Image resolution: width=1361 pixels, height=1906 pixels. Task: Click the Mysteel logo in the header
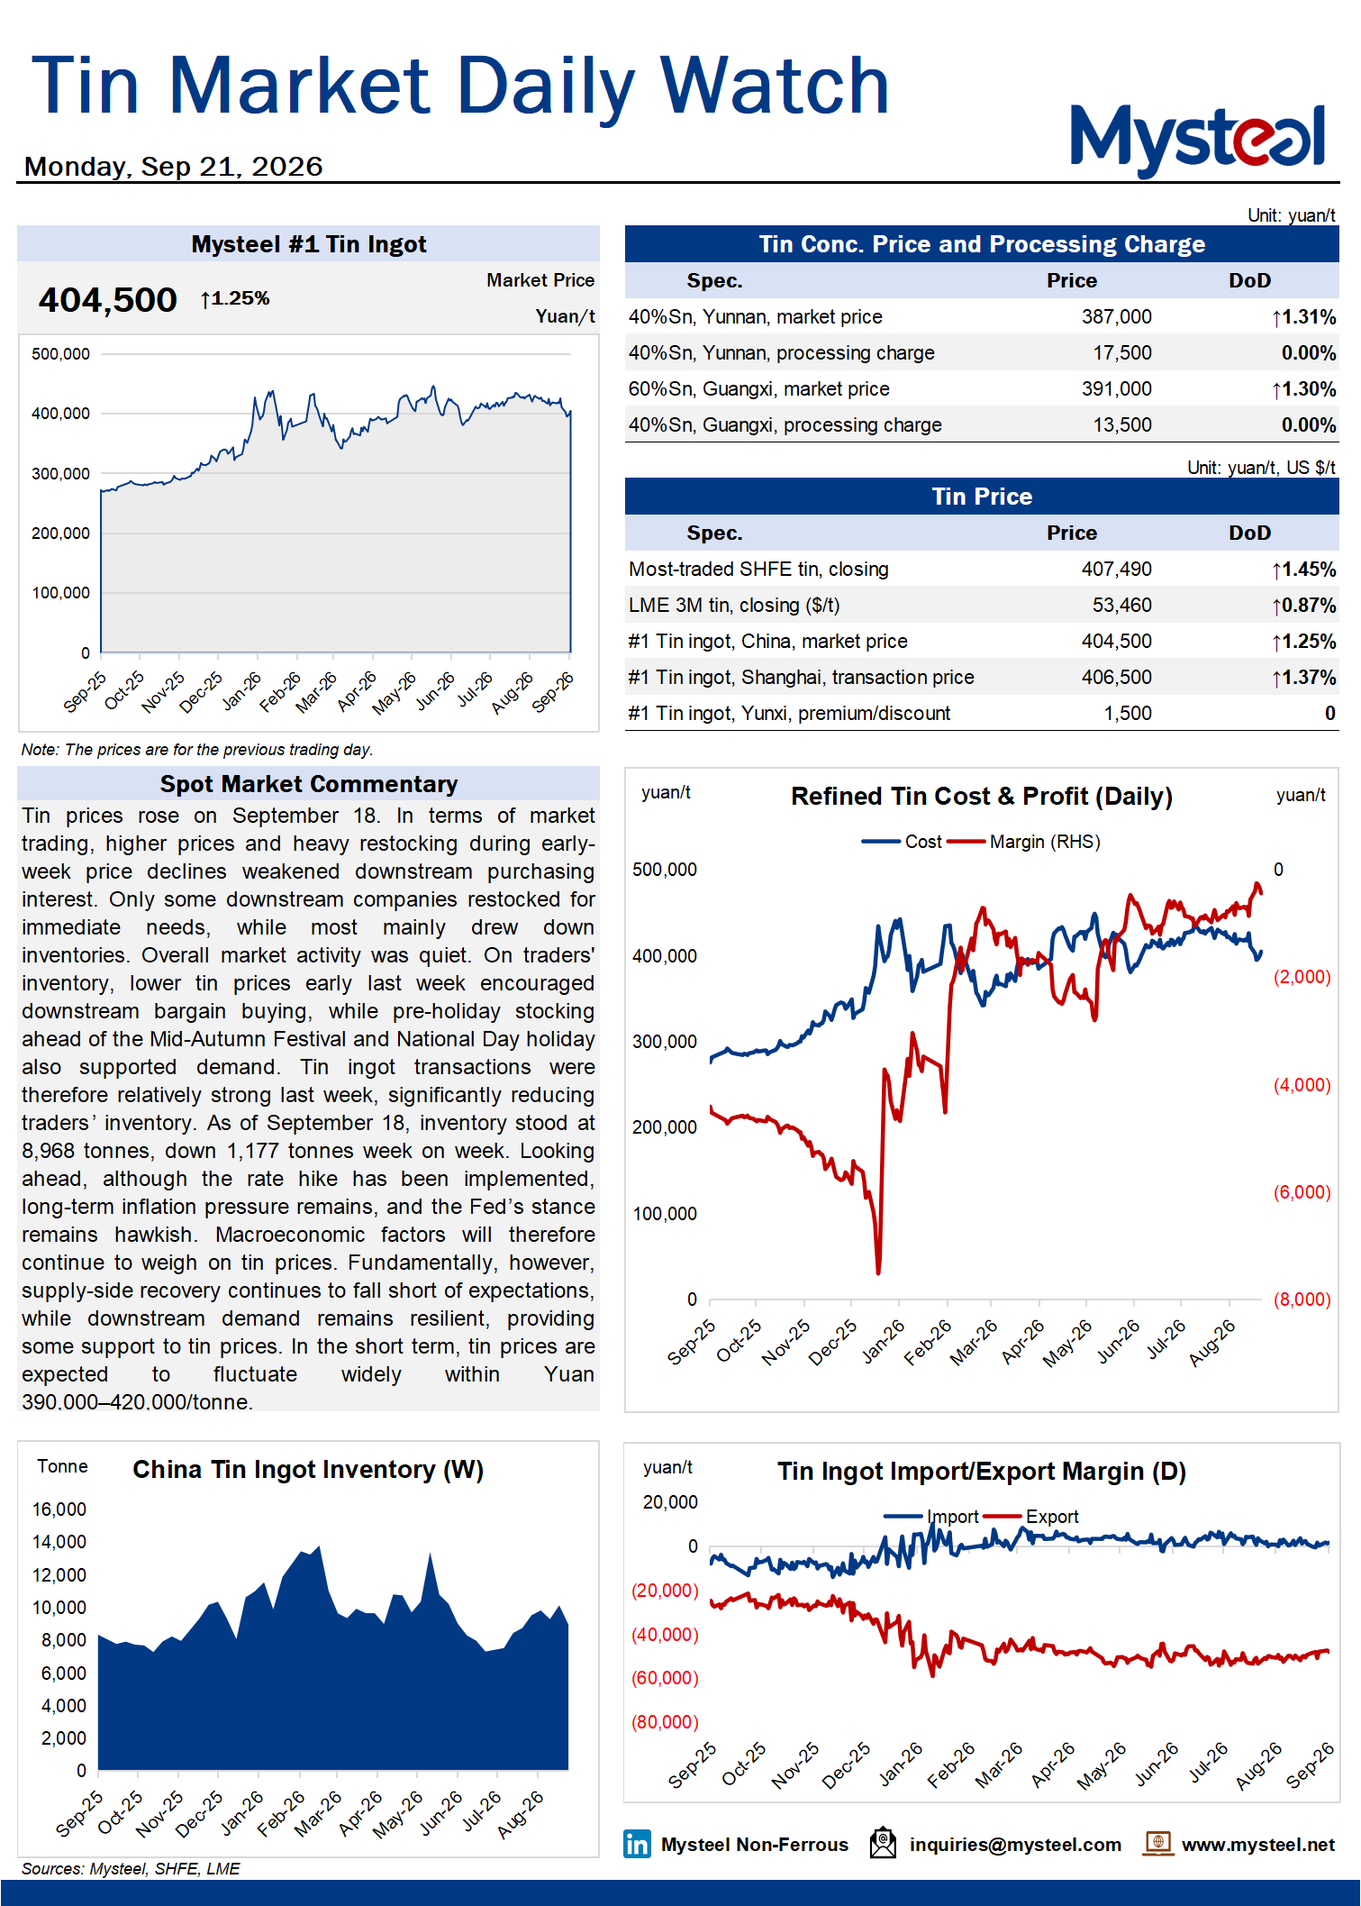[1197, 140]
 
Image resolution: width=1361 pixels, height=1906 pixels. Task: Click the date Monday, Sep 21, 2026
[173, 167]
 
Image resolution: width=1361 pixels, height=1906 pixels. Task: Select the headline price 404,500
[107, 300]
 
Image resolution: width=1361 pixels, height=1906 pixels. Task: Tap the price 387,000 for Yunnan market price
[1116, 317]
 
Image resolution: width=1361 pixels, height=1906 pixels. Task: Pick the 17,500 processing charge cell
[1121, 353]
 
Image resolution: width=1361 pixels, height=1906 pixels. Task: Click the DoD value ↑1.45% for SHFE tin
[1303, 570]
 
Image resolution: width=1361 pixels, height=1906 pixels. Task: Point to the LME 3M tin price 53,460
[1121, 606]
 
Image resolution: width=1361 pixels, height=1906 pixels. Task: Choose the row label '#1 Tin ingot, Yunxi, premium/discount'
[789, 714]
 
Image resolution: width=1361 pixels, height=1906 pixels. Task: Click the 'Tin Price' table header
[982, 497]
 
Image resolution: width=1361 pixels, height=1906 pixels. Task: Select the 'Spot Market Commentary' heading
[309, 784]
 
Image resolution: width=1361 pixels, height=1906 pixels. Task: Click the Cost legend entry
[902, 842]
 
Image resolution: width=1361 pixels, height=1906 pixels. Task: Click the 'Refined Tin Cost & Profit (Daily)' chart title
[982, 797]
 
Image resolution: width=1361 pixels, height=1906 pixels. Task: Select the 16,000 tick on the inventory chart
[59, 1509]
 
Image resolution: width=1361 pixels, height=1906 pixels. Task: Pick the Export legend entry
[1031, 1517]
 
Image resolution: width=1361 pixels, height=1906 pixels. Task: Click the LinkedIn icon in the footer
[637, 1844]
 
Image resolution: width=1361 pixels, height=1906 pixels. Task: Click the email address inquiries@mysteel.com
[1015, 1845]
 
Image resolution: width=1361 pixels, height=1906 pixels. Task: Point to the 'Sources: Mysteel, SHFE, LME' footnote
[131, 1869]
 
